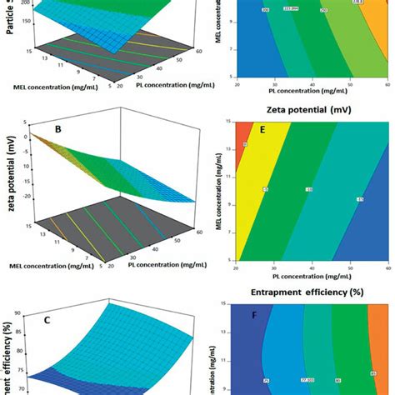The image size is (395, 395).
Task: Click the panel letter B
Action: (x=82, y=130)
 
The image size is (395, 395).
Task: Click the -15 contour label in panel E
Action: (x=359, y=199)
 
